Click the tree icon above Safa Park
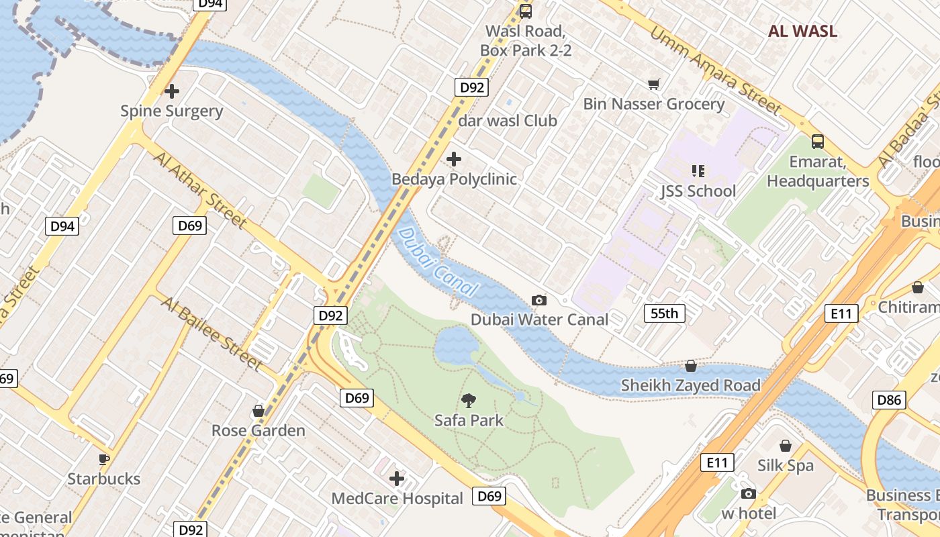[x=469, y=401]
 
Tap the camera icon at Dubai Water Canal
[x=538, y=300]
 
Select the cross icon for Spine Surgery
[x=172, y=91]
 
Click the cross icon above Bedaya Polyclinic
[x=454, y=159]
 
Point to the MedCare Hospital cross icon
[x=397, y=479]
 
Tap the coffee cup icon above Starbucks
[x=104, y=459]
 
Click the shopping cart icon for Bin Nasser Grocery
[x=653, y=84]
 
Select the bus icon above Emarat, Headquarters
[x=817, y=141]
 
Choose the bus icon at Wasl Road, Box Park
[x=525, y=11]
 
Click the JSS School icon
[x=698, y=171]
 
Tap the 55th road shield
[x=665, y=313]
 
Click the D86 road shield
[x=890, y=401]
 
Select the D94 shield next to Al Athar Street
[x=62, y=226]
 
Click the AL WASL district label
[x=802, y=31]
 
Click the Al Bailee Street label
[x=211, y=333]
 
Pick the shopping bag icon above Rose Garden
[x=258, y=410]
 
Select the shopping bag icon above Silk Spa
[x=785, y=446]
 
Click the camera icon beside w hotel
[x=748, y=494]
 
